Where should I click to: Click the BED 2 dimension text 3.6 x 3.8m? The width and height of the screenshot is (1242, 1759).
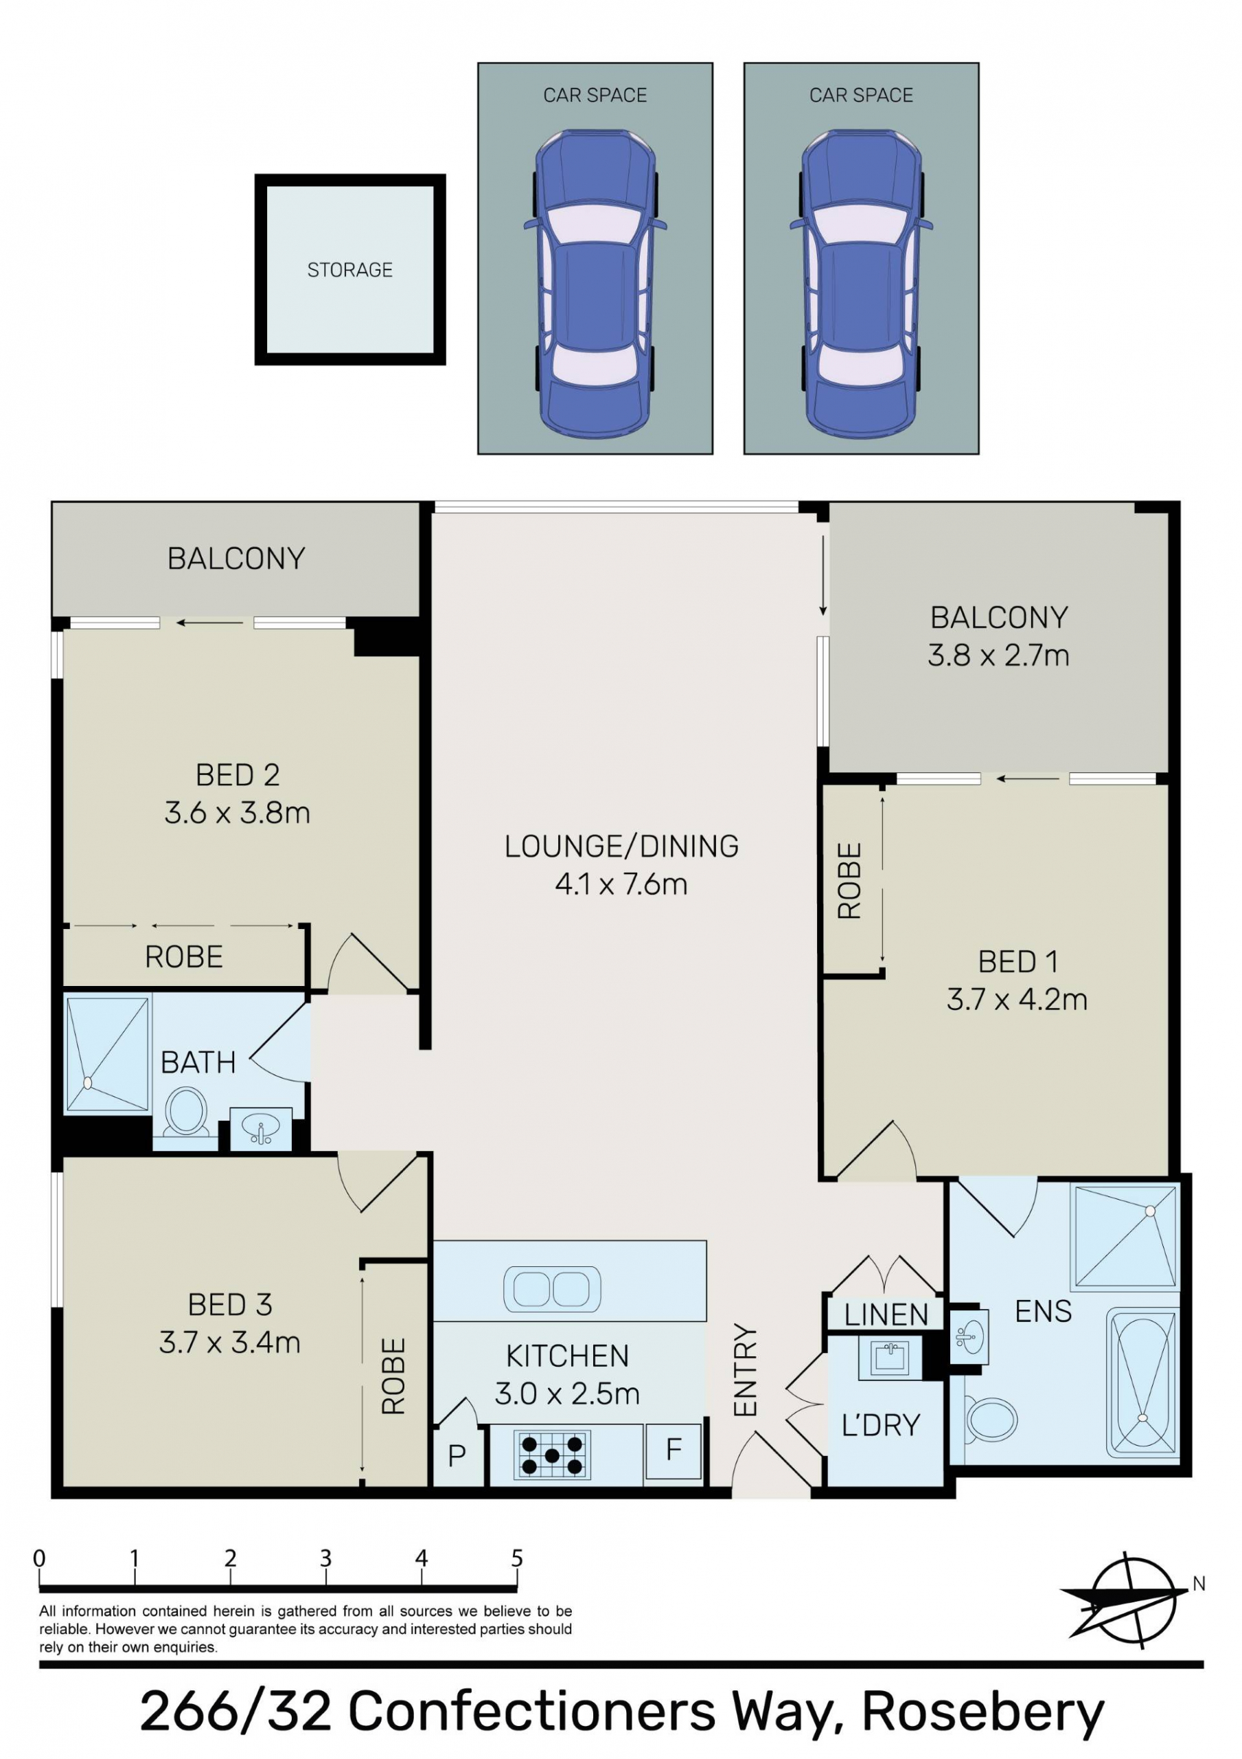point(238,812)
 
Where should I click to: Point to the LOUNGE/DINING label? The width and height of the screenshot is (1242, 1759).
point(622,846)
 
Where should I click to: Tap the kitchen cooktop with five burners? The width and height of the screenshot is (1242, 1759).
point(552,1454)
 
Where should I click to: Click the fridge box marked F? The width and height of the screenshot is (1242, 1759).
point(673,1451)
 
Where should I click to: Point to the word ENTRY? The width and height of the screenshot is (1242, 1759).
point(745,1369)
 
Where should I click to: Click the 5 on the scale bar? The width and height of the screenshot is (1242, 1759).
point(517,1558)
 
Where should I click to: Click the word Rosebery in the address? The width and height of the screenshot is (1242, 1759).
point(983,1714)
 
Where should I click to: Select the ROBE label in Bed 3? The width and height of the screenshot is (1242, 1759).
point(393,1376)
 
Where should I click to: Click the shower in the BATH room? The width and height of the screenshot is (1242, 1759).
point(107,1054)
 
